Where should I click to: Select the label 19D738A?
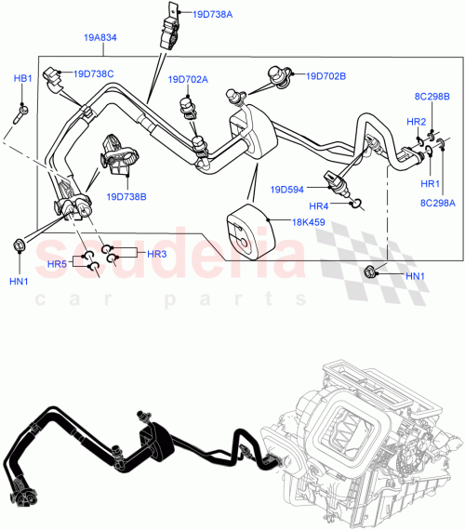[212, 16]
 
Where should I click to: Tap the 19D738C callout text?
[94, 74]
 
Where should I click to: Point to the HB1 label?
[22, 79]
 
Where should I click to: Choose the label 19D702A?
[188, 80]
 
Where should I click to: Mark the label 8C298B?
[432, 96]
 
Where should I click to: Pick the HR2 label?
[417, 122]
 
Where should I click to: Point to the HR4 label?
[320, 205]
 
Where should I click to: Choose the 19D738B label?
[126, 196]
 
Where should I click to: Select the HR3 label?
[155, 253]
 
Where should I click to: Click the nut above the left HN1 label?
[20, 245]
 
